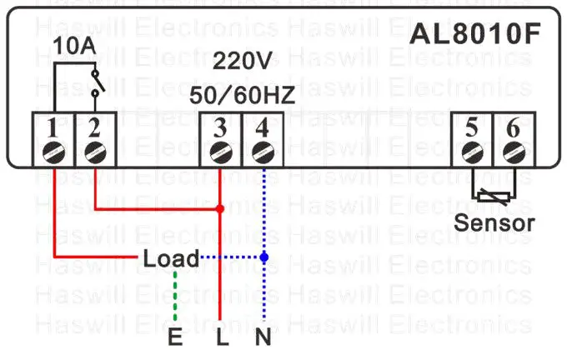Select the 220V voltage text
tap(242, 61)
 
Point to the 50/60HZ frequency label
tap(242, 95)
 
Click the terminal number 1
tap(53, 128)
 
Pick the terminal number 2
tap(93, 128)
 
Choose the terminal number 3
tap(220, 128)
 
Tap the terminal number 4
tap(262, 128)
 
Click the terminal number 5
tap(472, 128)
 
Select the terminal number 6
tap(512, 128)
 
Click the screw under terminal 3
tap(220, 152)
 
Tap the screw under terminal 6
tap(512, 152)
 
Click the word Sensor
tap(494, 222)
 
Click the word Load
tap(171, 258)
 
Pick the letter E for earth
tap(174, 337)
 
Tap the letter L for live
tap(220, 337)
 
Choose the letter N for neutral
tap(263, 337)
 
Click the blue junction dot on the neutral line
tap(263, 258)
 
